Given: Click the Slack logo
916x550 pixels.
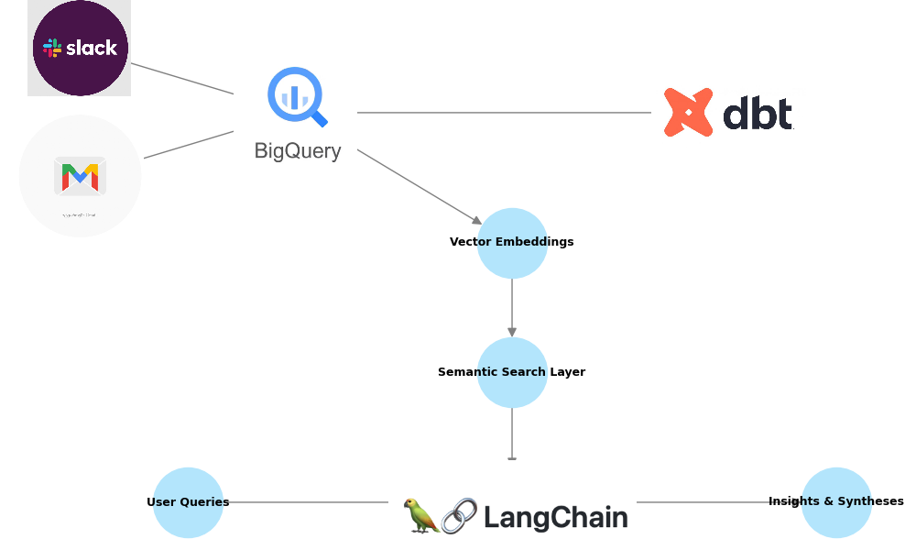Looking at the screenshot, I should coord(80,48).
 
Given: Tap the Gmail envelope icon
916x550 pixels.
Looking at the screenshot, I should coord(80,176).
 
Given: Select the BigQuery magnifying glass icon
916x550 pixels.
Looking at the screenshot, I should coord(297,96).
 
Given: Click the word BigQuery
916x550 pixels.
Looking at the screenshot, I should coord(298,151).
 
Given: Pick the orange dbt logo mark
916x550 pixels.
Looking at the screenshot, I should coord(688,113).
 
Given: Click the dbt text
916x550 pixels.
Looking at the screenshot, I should coord(758,115).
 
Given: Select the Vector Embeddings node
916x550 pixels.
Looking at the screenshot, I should coord(512,243).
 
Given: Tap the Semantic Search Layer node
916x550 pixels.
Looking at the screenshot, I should coord(512,372).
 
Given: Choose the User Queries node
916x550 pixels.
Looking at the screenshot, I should coord(188,502).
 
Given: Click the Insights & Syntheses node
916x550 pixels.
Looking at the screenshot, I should coord(836,502).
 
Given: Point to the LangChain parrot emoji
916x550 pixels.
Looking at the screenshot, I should coord(421,516).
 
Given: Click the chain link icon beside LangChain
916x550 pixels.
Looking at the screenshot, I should coord(459,516).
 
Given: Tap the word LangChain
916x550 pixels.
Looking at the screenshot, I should coord(555,518).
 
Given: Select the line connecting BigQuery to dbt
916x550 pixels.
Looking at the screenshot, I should coord(504,113).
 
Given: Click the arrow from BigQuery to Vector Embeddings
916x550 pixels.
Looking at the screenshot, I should coord(419,186).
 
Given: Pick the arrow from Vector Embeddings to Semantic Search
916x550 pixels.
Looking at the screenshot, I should coord(512,307).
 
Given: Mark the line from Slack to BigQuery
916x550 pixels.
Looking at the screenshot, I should coord(182,79).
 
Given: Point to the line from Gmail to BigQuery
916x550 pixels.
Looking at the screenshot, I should coord(189,145).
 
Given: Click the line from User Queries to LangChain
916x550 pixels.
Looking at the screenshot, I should coord(307,502).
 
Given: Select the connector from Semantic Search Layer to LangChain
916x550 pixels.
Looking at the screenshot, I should coord(512,433).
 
